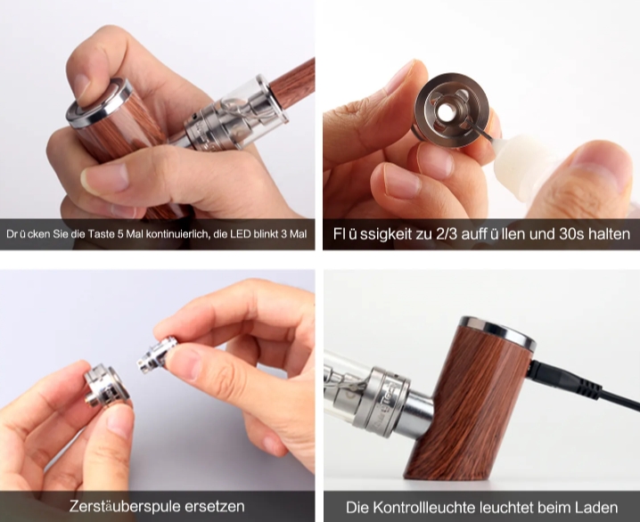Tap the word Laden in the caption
click(592, 507)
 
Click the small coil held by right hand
click(159, 355)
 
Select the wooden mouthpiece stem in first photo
click(290, 85)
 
